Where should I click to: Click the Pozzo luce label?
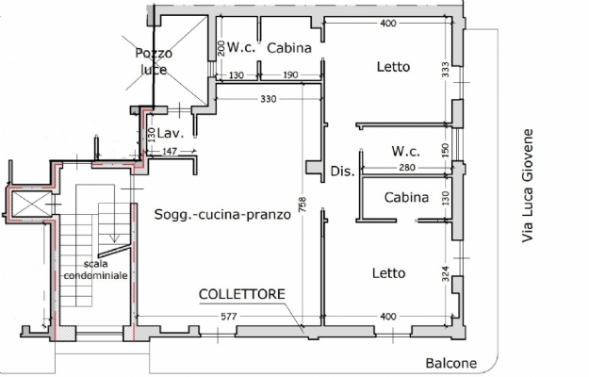[154, 61]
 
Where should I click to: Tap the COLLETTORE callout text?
[242, 294]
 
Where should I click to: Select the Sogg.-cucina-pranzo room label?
[222, 214]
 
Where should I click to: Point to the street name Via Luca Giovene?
[528, 186]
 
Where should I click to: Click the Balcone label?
[451, 363]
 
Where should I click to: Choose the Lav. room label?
[171, 133]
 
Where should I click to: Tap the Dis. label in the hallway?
[342, 172]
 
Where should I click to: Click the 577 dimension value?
[228, 317]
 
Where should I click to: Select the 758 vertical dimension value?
[303, 205]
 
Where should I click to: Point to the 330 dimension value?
[269, 99]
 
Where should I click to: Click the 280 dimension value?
[407, 168]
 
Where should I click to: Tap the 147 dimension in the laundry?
[170, 152]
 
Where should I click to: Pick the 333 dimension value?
[446, 70]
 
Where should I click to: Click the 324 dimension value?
[446, 273]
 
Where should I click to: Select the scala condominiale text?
[95, 270]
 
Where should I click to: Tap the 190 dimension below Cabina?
[290, 75]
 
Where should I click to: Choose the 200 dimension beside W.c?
[221, 48]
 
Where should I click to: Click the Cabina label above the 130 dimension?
[406, 197]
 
